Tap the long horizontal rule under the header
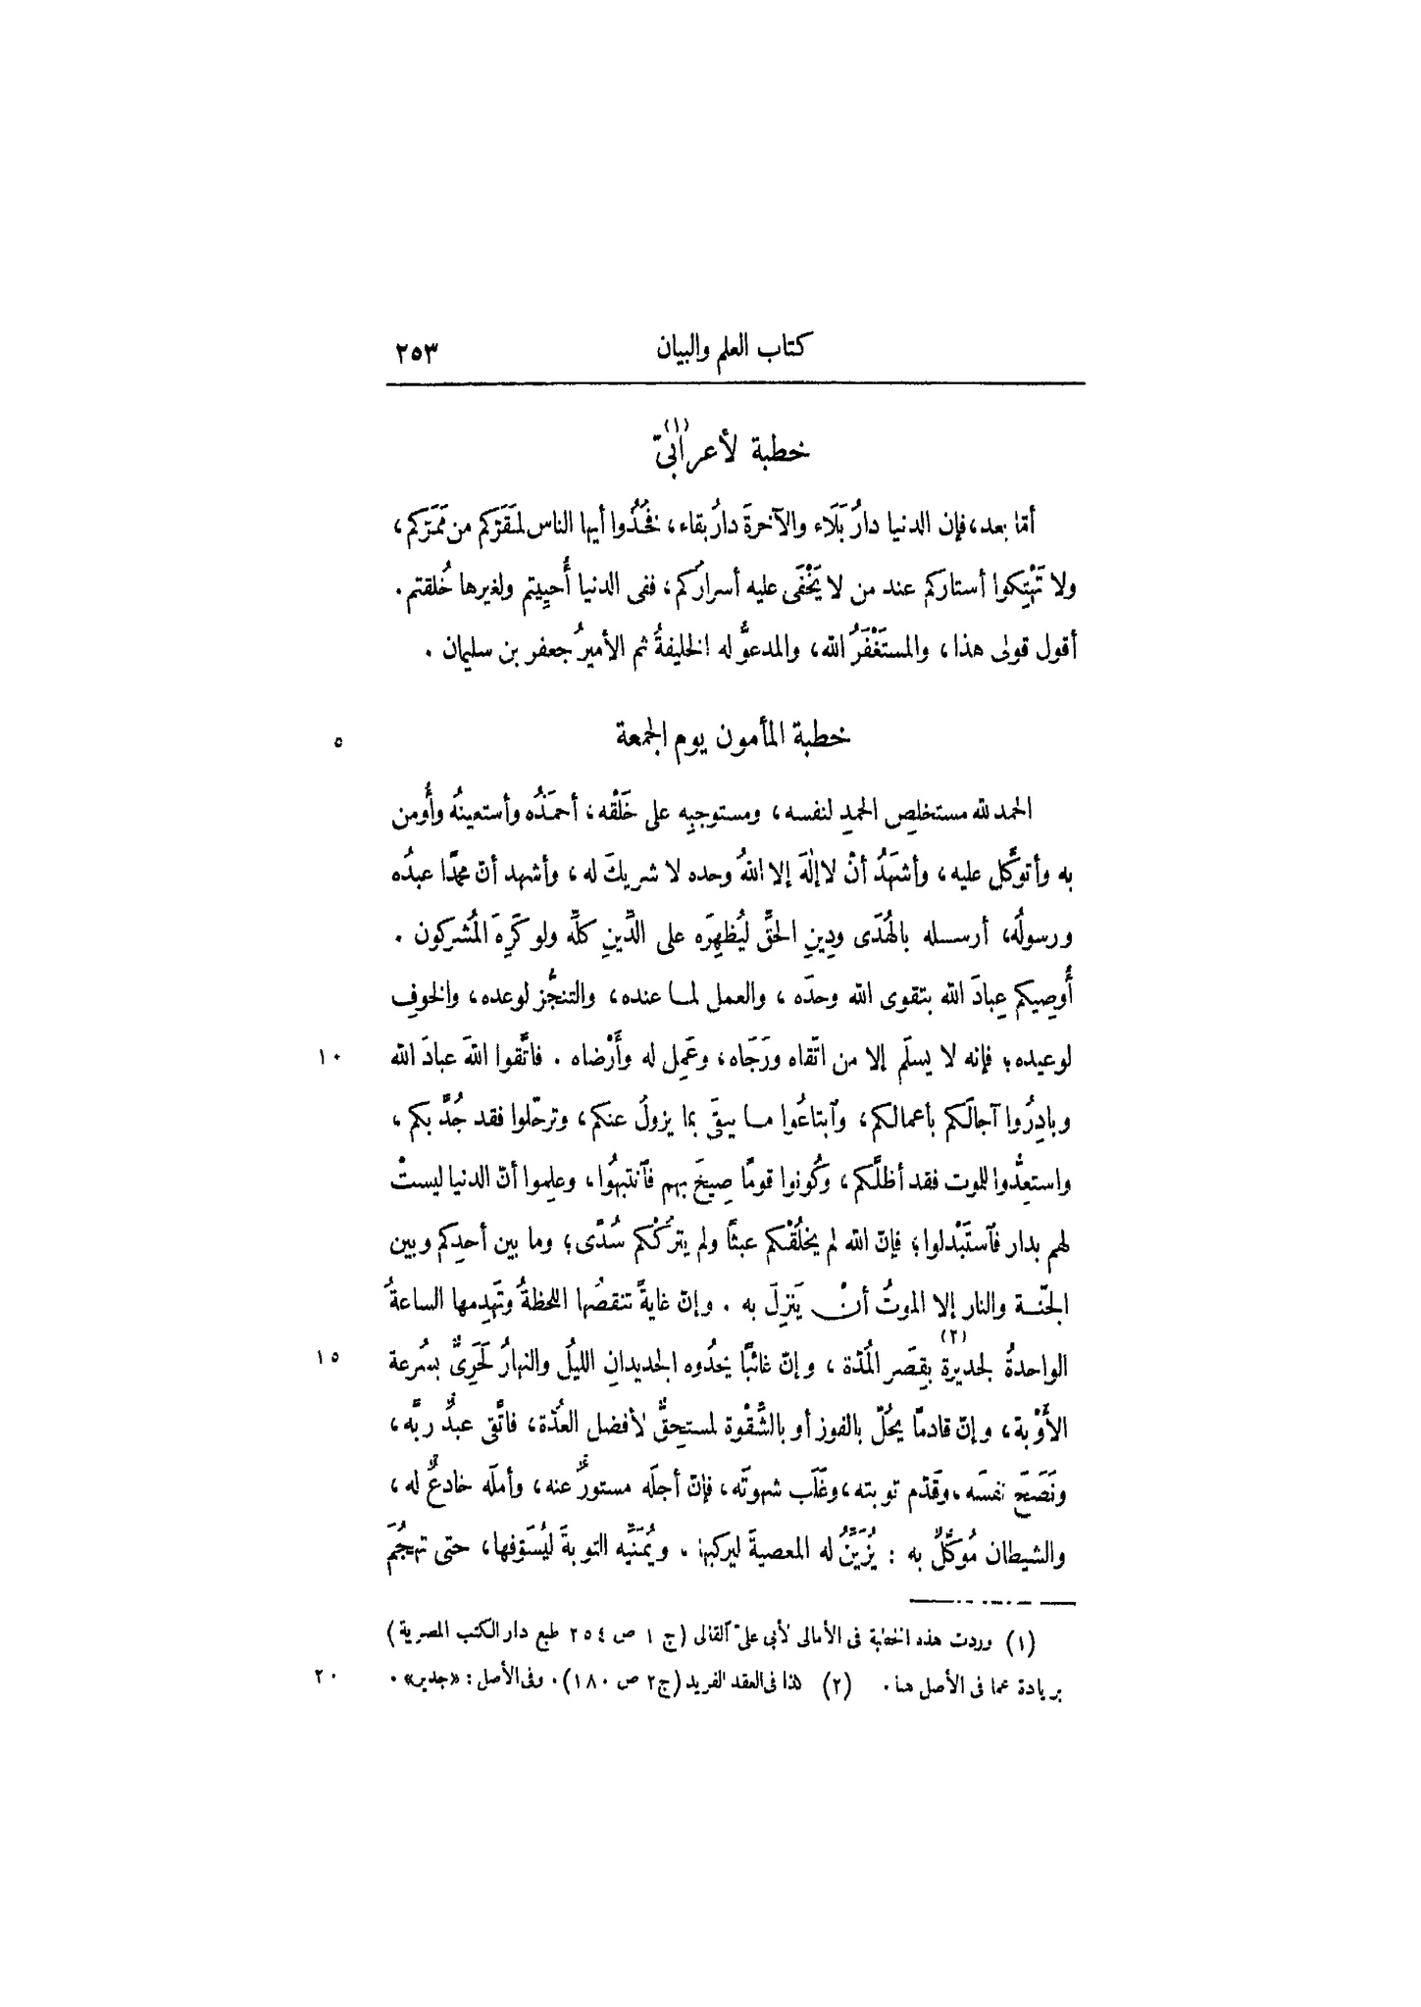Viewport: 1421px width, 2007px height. [x=736, y=383]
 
